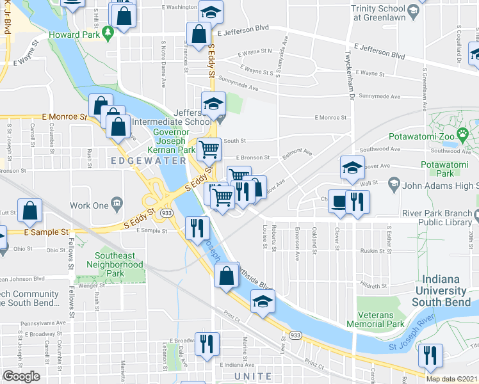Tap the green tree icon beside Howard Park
click(x=108, y=31)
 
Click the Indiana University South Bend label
click(x=449, y=291)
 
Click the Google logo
click(x=22, y=376)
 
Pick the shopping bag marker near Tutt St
click(x=30, y=209)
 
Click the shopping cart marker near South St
click(x=209, y=150)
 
